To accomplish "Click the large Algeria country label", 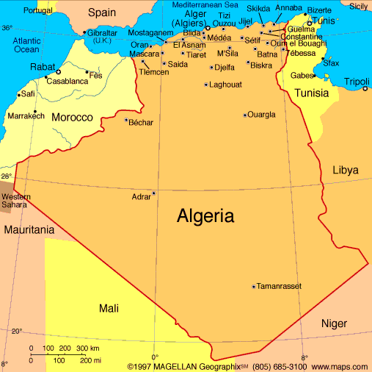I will tap(205, 216).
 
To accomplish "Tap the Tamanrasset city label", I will tap(280, 286).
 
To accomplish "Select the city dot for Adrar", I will tap(153, 193).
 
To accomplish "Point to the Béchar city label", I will tap(141, 122).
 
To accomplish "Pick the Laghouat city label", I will tap(225, 85).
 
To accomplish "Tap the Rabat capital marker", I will tap(58, 72).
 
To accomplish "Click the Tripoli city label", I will tap(357, 81).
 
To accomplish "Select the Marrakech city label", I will tap(26, 116).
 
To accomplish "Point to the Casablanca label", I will tap(67, 81).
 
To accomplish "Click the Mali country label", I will tap(109, 308).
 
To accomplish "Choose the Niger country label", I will tap(334, 323).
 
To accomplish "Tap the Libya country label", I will tap(346, 170).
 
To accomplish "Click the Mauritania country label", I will tap(29, 230).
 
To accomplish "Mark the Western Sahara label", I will tap(16, 201).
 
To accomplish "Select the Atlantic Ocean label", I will tap(26, 44).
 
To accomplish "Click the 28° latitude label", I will tap(7, 176).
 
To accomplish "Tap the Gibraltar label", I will tap(102, 33).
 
